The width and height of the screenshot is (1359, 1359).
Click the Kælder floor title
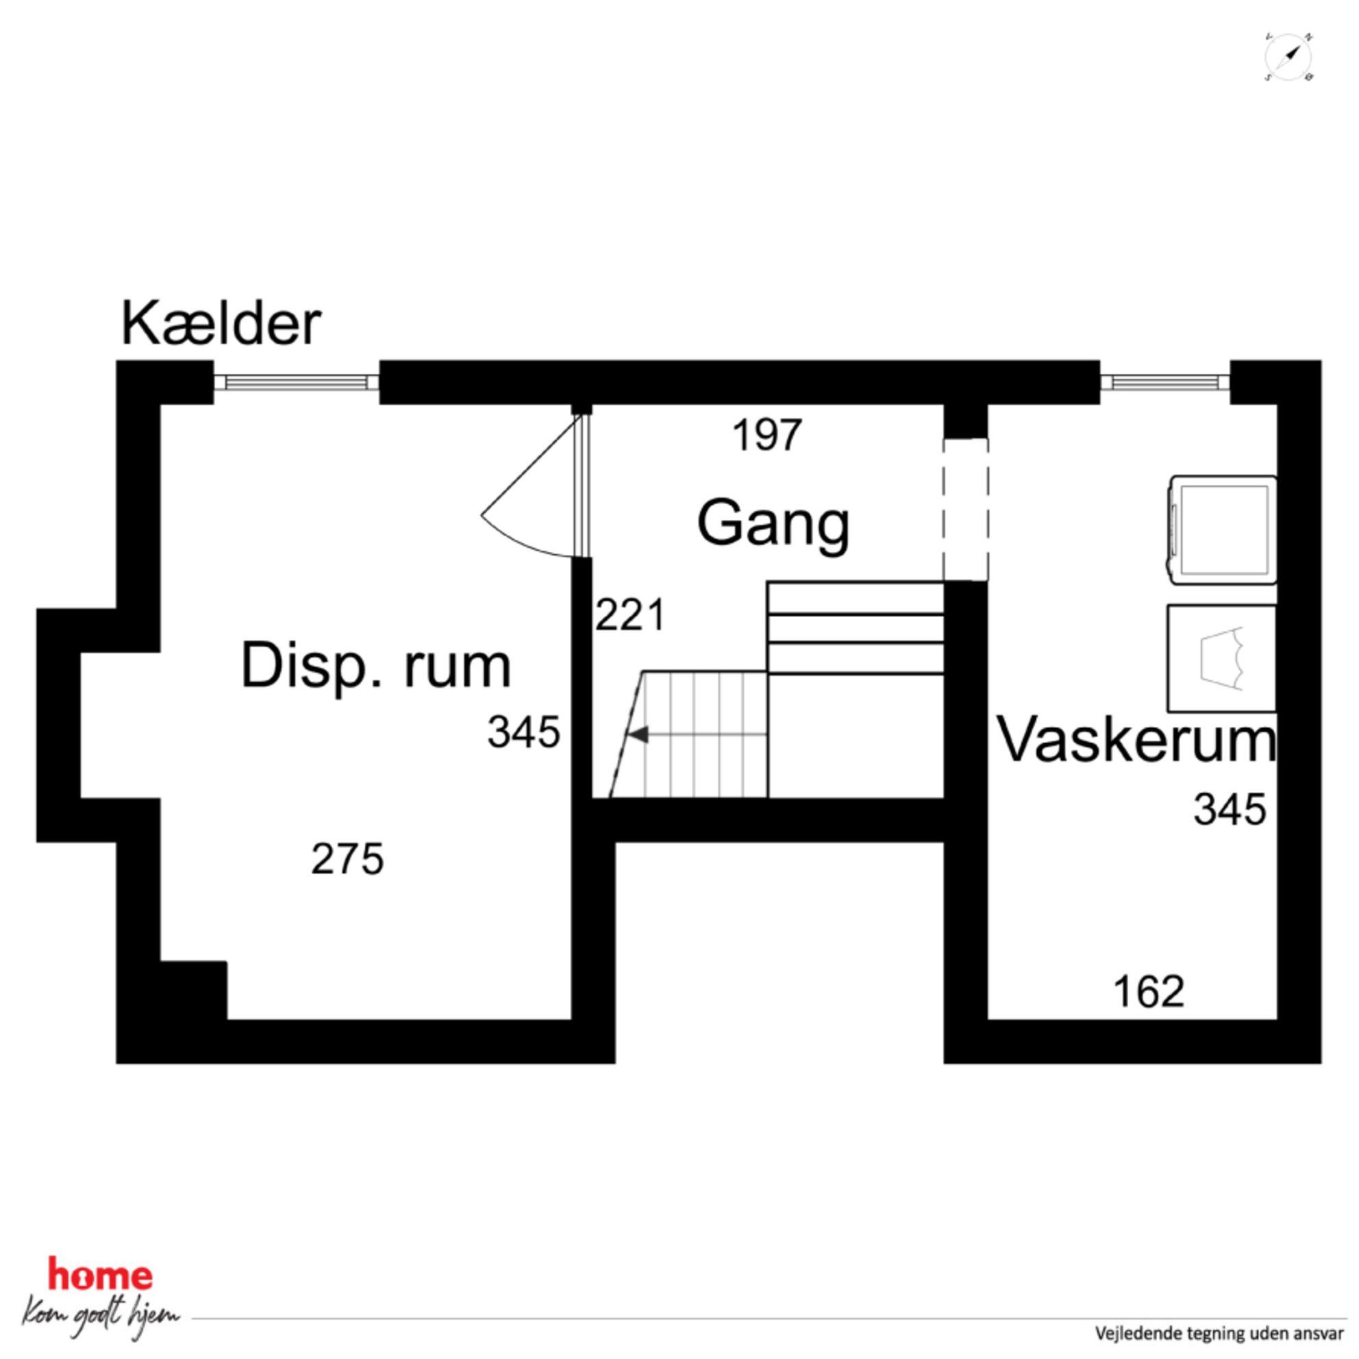(x=221, y=324)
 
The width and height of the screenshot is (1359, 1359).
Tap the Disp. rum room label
(x=375, y=666)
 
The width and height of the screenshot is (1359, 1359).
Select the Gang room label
(x=773, y=525)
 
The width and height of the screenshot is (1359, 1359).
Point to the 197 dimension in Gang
(x=766, y=436)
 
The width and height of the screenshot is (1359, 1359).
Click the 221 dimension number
(x=629, y=616)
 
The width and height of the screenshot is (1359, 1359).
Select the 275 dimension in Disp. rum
(x=347, y=860)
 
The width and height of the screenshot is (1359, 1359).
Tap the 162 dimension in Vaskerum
(x=1149, y=993)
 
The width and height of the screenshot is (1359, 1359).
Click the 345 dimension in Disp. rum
(x=523, y=732)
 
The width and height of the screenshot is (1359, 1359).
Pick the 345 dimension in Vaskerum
(x=1230, y=809)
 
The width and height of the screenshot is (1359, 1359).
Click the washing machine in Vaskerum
(x=1223, y=529)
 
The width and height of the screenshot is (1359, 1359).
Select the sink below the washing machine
(x=1222, y=658)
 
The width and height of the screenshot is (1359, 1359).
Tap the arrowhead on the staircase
(x=638, y=735)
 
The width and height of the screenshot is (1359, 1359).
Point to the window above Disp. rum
(x=296, y=382)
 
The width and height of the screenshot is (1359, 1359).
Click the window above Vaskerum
(x=1165, y=382)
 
